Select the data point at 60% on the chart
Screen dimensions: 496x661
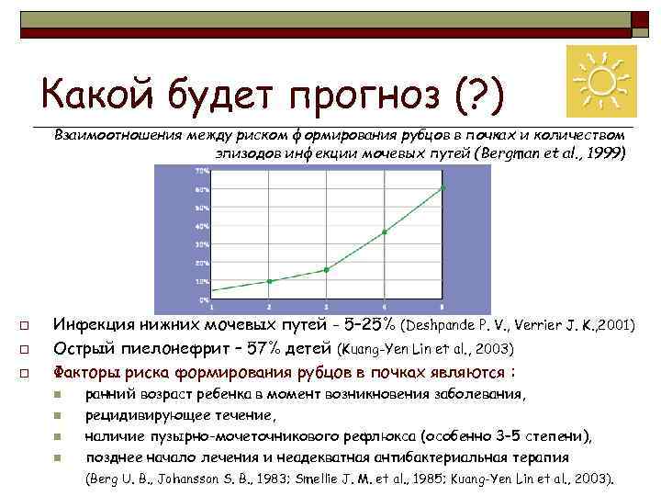(443, 188)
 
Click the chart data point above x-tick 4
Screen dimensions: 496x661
(385, 232)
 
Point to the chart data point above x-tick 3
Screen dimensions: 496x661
(326, 270)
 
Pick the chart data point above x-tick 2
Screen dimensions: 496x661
(269, 281)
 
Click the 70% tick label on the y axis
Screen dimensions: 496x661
(201, 171)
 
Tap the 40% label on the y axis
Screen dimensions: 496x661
(201, 226)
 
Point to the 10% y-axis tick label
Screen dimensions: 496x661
(201, 281)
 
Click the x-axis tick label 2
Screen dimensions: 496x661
(269, 305)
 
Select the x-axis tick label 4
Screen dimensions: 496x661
(385, 305)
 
